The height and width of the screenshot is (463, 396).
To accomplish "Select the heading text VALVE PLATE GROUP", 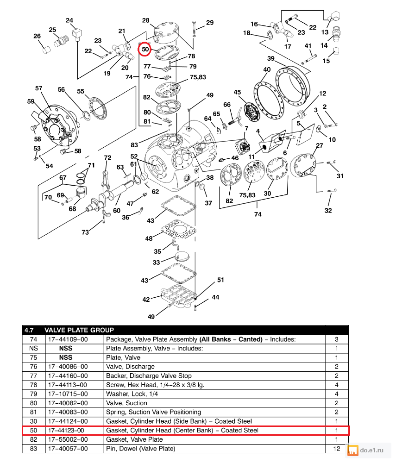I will pyautogui.click(x=79, y=330).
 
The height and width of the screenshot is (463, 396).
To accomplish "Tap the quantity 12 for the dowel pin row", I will pyautogui.click(x=337, y=449).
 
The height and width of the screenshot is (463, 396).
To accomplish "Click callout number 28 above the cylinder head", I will pyautogui.click(x=145, y=20).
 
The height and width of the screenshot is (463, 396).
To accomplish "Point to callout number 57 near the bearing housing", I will pyautogui.click(x=39, y=88).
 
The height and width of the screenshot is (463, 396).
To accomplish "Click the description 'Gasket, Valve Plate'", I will pyautogui.click(x=134, y=439).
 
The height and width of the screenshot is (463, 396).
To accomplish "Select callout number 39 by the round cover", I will pyautogui.click(x=271, y=59).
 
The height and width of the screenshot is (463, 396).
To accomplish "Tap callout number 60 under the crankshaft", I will pyautogui.click(x=117, y=210).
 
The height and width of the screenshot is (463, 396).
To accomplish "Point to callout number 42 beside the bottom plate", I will pyautogui.click(x=146, y=300).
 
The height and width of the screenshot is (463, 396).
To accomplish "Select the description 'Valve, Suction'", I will pyautogui.click(x=126, y=403).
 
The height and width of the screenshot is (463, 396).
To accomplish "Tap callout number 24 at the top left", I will pyautogui.click(x=69, y=20).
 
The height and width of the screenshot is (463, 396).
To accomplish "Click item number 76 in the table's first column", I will pyautogui.click(x=33, y=367).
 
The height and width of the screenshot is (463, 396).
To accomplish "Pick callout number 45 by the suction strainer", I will pyautogui.click(x=238, y=93).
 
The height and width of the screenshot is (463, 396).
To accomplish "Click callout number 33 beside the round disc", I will pyautogui.click(x=156, y=263).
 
